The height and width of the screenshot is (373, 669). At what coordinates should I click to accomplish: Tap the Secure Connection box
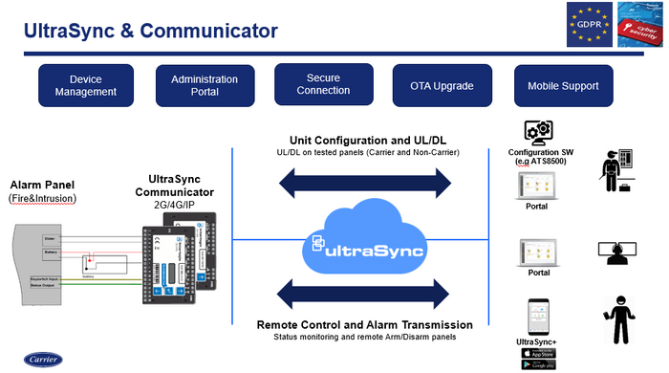click(x=316, y=84)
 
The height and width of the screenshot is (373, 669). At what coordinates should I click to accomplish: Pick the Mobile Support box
click(x=563, y=85)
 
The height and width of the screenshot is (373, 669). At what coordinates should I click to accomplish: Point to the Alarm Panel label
click(x=43, y=185)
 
